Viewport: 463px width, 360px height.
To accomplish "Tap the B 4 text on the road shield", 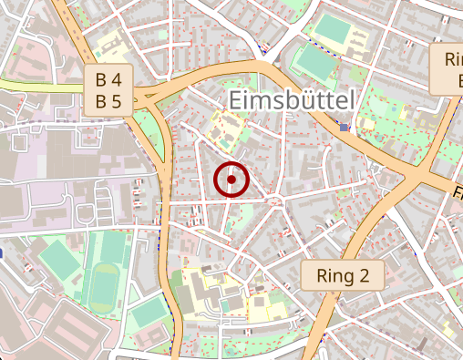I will click(109, 79).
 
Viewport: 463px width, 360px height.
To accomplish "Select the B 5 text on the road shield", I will click(109, 101).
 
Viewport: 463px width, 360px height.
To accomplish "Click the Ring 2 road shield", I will click(343, 274).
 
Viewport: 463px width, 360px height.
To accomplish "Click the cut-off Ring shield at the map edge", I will click(449, 70).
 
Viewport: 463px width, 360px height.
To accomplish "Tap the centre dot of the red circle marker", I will click(231, 180).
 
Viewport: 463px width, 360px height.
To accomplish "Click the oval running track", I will click(106, 283).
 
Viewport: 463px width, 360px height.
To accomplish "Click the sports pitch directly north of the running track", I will click(112, 246).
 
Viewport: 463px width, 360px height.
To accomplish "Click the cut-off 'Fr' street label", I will click(457, 192).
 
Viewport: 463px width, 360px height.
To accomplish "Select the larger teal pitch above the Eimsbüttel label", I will click(315, 62).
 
